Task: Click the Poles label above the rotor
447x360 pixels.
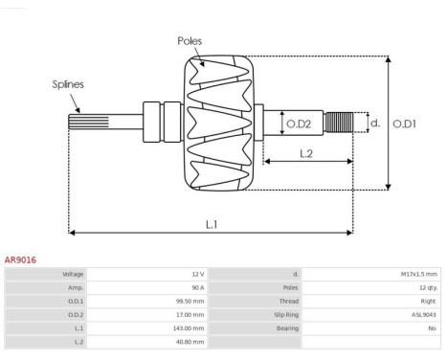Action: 190,41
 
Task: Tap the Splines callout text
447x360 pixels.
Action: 68,84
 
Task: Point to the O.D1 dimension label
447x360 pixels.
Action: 404,124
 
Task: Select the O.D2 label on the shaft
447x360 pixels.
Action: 299,124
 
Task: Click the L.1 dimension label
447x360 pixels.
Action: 212,225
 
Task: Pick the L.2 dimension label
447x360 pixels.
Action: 306,154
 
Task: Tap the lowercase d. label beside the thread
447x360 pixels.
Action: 375,123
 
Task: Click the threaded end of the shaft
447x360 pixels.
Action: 339,123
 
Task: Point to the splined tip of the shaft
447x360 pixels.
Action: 89,122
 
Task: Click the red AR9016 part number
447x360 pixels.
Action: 20,259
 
